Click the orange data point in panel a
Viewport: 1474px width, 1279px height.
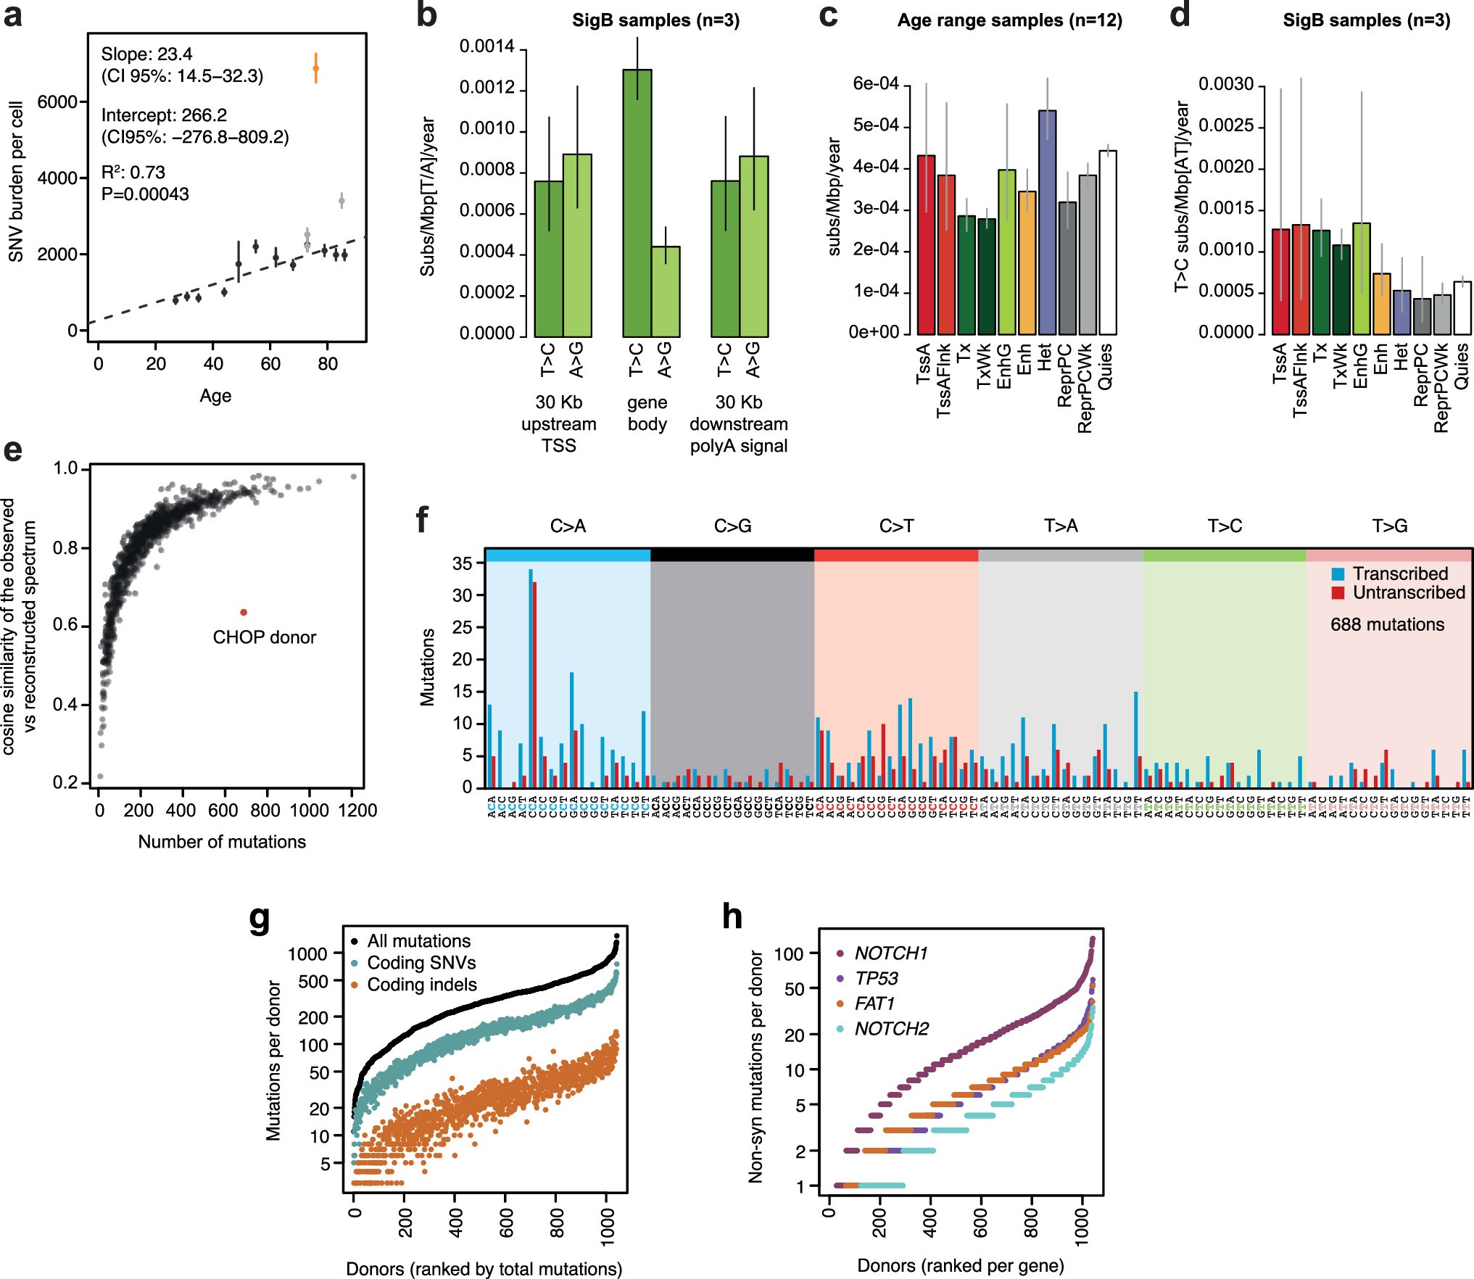[315, 69]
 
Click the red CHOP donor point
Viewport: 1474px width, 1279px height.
[244, 612]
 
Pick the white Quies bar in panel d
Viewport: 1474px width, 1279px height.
[1462, 307]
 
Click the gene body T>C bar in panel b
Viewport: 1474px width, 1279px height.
[637, 203]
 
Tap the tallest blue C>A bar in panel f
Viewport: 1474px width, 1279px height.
[530, 678]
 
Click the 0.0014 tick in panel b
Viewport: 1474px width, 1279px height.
[486, 47]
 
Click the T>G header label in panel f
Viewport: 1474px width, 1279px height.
[1389, 526]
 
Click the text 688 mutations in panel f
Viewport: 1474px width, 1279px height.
[1387, 624]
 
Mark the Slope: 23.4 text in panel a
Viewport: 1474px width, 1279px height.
[146, 54]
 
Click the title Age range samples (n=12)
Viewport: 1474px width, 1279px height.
[1009, 20]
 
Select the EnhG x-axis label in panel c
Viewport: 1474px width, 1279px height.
[1004, 366]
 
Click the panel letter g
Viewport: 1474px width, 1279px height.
[259, 917]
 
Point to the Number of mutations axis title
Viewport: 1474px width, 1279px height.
[222, 842]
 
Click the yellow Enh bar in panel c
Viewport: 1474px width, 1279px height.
[1027, 262]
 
